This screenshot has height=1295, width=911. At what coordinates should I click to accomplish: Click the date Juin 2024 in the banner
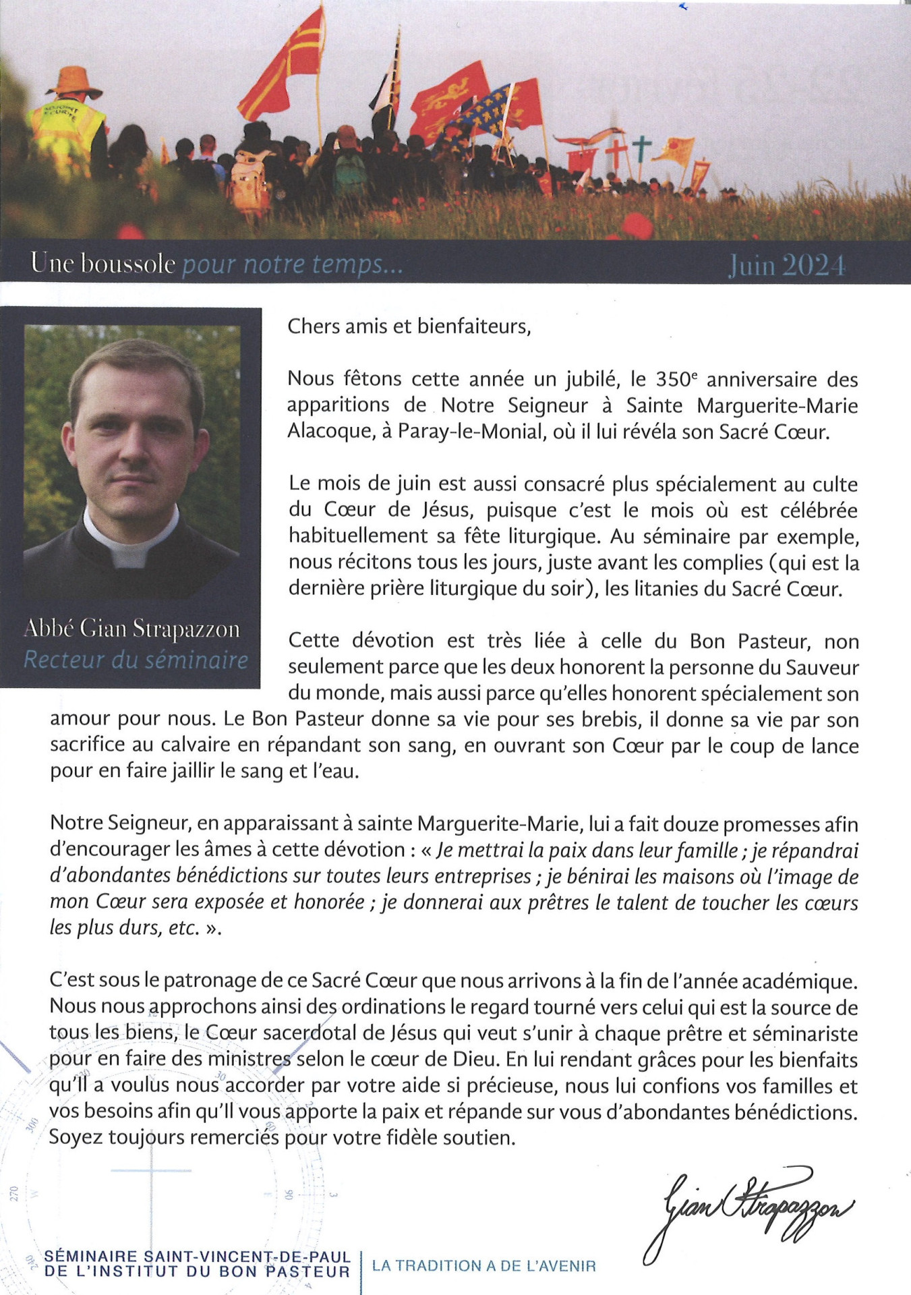pos(786,266)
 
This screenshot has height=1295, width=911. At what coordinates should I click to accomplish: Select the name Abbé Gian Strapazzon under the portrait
pos(132,629)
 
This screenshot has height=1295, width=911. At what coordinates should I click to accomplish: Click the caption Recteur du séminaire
pos(136,660)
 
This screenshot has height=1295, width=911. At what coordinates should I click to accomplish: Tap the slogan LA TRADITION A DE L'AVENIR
pos(484,1266)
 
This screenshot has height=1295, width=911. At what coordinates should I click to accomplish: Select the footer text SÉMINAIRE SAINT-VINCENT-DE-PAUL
pos(198,1257)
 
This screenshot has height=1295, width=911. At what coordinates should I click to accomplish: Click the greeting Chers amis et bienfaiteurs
pos(409,326)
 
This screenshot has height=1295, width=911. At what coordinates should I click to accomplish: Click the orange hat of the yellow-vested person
pos(74,80)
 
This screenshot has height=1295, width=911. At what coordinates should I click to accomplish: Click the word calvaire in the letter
pos(200,745)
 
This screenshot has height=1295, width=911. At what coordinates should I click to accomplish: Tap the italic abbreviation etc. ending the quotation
pos(185,927)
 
